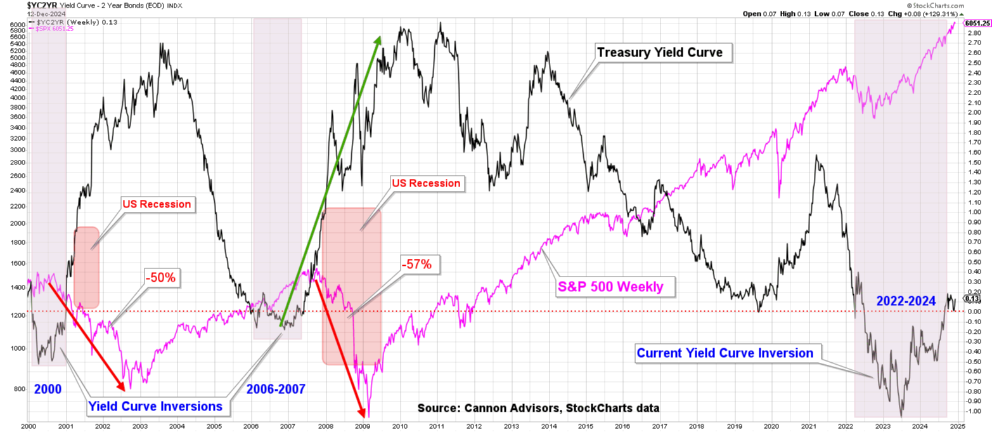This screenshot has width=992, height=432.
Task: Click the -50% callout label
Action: pos(163,277)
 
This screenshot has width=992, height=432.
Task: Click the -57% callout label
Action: pos(419,265)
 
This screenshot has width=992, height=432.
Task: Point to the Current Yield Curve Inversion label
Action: pos(725,353)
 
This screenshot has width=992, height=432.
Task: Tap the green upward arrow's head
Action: pos(378,40)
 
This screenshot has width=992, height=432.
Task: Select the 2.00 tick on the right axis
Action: pos(971,112)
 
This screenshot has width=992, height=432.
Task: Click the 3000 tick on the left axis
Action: pos(15,150)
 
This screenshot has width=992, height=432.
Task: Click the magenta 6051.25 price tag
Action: pos(977,23)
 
